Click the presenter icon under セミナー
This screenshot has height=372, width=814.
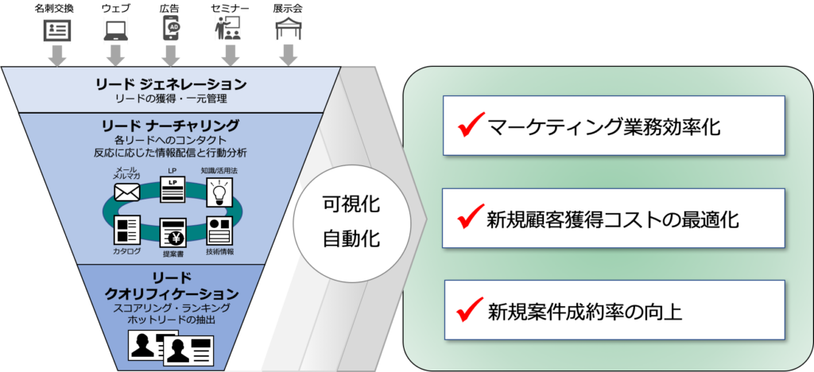227,28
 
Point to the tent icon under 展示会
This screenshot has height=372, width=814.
288,29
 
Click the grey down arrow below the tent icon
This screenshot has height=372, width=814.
288,55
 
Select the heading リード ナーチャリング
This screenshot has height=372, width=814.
171,125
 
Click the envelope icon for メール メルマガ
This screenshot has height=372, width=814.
127,193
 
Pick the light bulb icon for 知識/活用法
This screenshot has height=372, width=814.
219,192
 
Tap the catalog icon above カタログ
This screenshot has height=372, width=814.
126,231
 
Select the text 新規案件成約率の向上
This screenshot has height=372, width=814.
585,312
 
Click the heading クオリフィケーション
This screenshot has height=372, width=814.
172,294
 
